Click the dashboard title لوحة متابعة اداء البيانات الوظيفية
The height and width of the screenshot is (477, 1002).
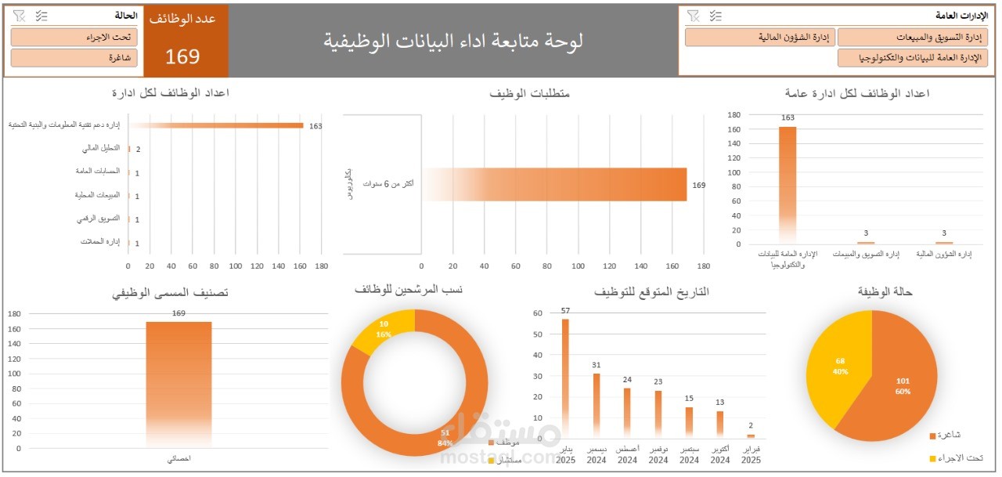(453, 41)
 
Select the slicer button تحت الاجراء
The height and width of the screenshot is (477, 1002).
(74, 37)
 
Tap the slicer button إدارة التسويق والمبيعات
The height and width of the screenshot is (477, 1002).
(913, 37)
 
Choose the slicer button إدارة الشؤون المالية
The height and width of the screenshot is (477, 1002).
(760, 37)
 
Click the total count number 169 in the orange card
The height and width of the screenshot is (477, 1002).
(182, 56)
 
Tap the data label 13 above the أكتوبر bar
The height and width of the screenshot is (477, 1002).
(719, 403)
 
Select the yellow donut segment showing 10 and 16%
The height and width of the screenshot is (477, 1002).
(384, 332)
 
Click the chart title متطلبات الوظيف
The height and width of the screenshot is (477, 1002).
(529, 93)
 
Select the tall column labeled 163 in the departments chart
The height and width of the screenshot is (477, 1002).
(788, 184)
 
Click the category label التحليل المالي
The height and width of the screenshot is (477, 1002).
(101, 148)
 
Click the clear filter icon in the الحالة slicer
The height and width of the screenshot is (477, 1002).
(20, 16)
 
